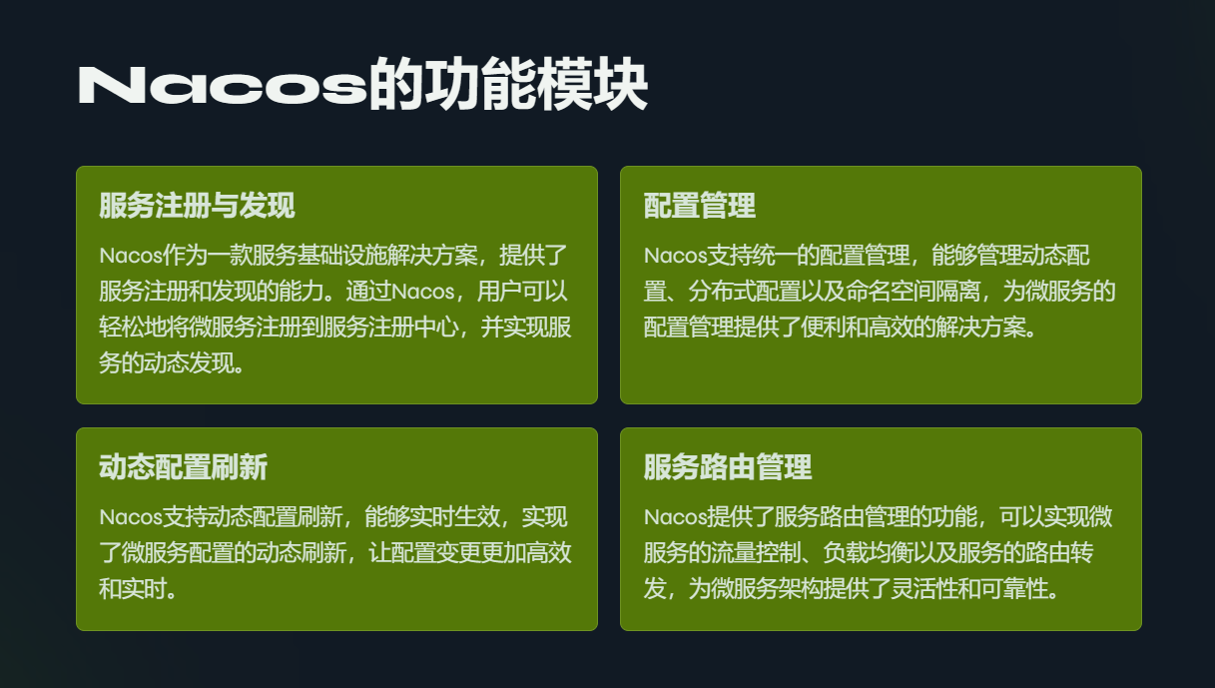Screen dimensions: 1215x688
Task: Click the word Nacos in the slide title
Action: tap(223, 85)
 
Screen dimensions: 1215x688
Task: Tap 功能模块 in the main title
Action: tap(536, 84)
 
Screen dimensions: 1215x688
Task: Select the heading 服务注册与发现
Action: tap(197, 205)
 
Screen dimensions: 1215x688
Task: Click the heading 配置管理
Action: tap(699, 205)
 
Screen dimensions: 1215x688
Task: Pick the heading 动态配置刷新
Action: tap(184, 466)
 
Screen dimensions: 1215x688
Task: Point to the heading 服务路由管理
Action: tap(728, 466)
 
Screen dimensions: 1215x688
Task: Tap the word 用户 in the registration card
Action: tap(499, 292)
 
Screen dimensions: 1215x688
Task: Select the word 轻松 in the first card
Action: tap(121, 328)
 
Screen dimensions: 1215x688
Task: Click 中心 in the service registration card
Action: tap(435, 328)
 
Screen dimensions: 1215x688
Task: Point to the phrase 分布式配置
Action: tap(744, 292)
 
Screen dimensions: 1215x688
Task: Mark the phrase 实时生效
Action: tap(454, 516)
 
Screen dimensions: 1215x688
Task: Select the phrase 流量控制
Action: tap(756, 553)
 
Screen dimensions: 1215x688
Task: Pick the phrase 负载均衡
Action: tap(868, 553)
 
